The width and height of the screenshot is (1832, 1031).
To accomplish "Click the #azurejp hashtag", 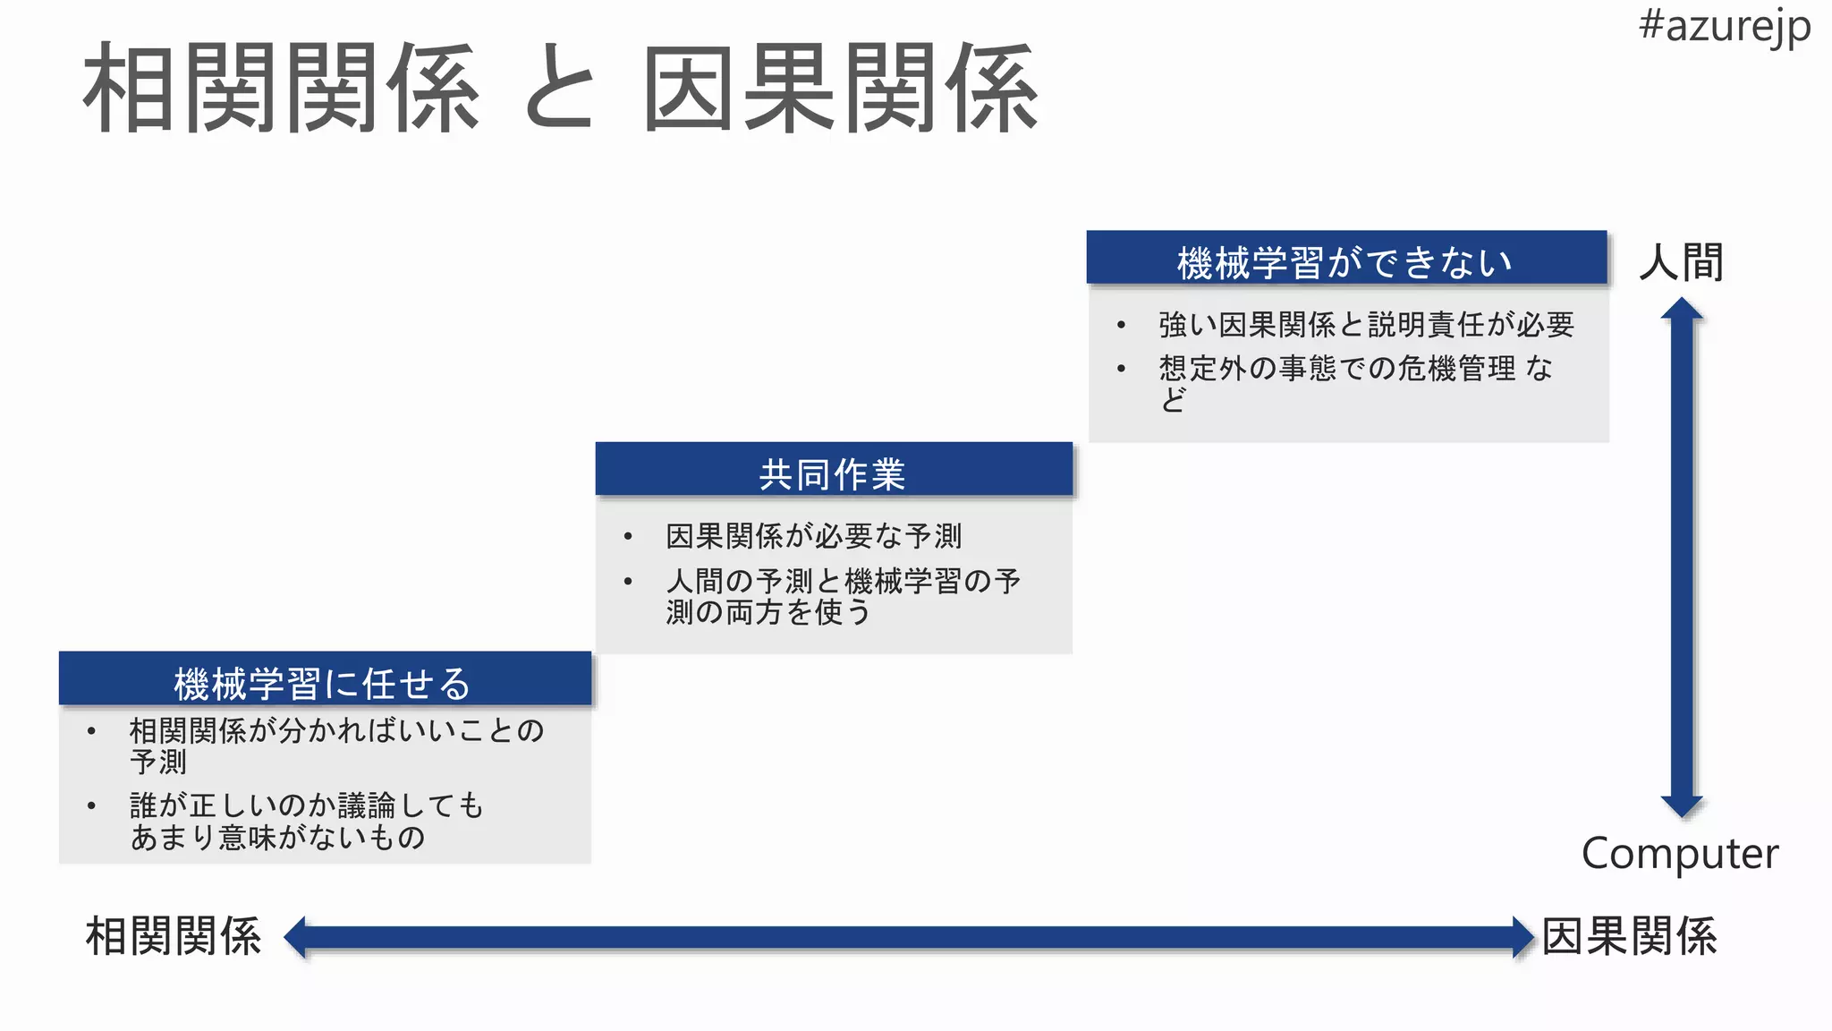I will click(1724, 27).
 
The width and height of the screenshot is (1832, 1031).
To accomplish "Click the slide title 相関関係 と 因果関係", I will click(560, 89).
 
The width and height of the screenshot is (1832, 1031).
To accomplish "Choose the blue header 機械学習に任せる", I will click(324, 682).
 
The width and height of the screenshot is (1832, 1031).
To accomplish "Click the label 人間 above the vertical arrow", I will click(1681, 263).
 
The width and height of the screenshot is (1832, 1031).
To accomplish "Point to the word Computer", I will click(1679, 854).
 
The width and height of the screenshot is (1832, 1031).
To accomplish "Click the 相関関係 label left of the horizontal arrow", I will click(174, 936).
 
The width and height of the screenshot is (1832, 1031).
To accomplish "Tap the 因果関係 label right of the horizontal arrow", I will click(1629, 936).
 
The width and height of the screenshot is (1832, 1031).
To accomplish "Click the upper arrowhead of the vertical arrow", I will click(1682, 310).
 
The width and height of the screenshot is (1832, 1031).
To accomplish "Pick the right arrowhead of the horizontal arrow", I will click(1522, 937).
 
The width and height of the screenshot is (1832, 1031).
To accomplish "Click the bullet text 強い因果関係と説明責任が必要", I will click(1365, 324).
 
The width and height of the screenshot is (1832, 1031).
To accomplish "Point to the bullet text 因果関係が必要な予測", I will click(813, 536).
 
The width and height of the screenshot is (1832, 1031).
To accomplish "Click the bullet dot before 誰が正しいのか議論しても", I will click(91, 805).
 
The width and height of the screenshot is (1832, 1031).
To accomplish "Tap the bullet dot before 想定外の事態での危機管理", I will click(1121, 368).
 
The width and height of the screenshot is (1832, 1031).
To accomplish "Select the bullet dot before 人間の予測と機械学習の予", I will click(628, 581).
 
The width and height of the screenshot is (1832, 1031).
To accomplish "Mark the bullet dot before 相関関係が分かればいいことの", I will click(91, 731).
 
